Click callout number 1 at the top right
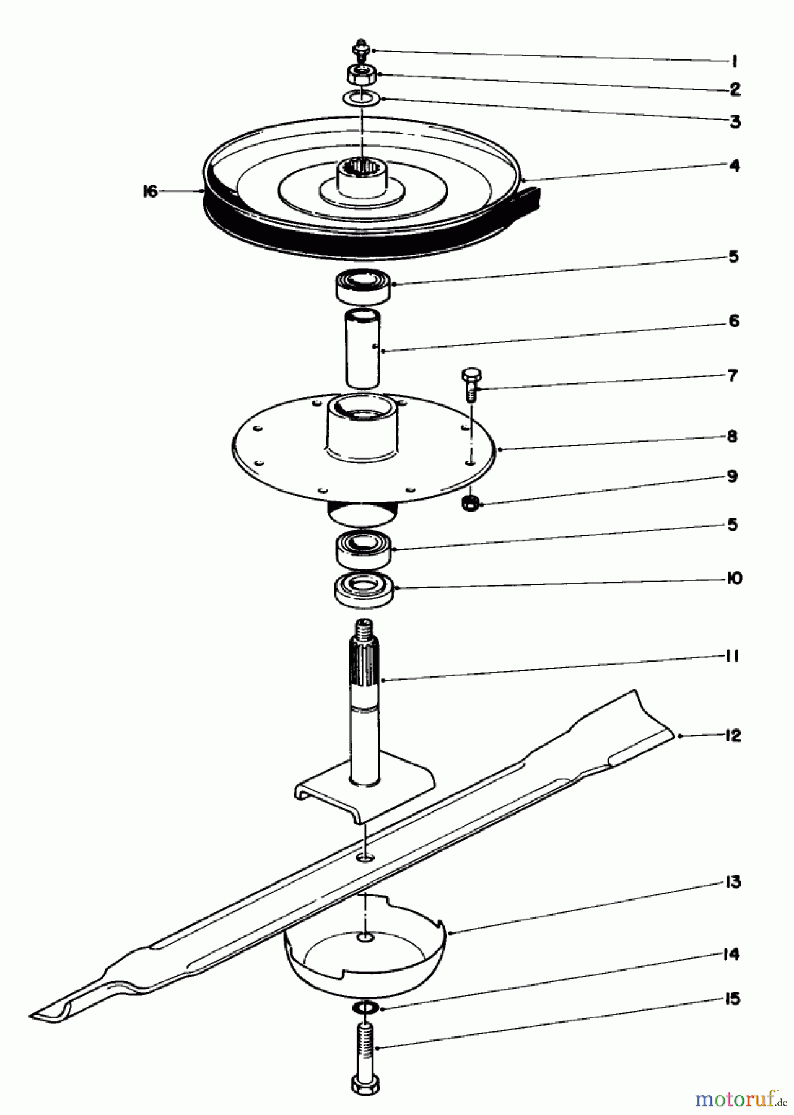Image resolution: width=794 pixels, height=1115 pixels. click(x=733, y=61)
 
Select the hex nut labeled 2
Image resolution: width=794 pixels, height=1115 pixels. click(x=360, y=75)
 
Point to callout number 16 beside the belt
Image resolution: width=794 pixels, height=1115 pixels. click(x=151, y=191)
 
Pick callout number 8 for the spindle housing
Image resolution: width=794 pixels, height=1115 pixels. click(x=733, y=436)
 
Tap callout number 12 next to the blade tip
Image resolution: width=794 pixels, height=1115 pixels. click(x=732, y=736)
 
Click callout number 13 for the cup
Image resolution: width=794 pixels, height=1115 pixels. click(x=733, y=882)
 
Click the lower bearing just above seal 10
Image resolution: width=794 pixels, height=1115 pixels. click(x=363, y=547)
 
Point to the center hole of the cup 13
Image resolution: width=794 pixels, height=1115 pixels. click(x=367, y=939)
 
